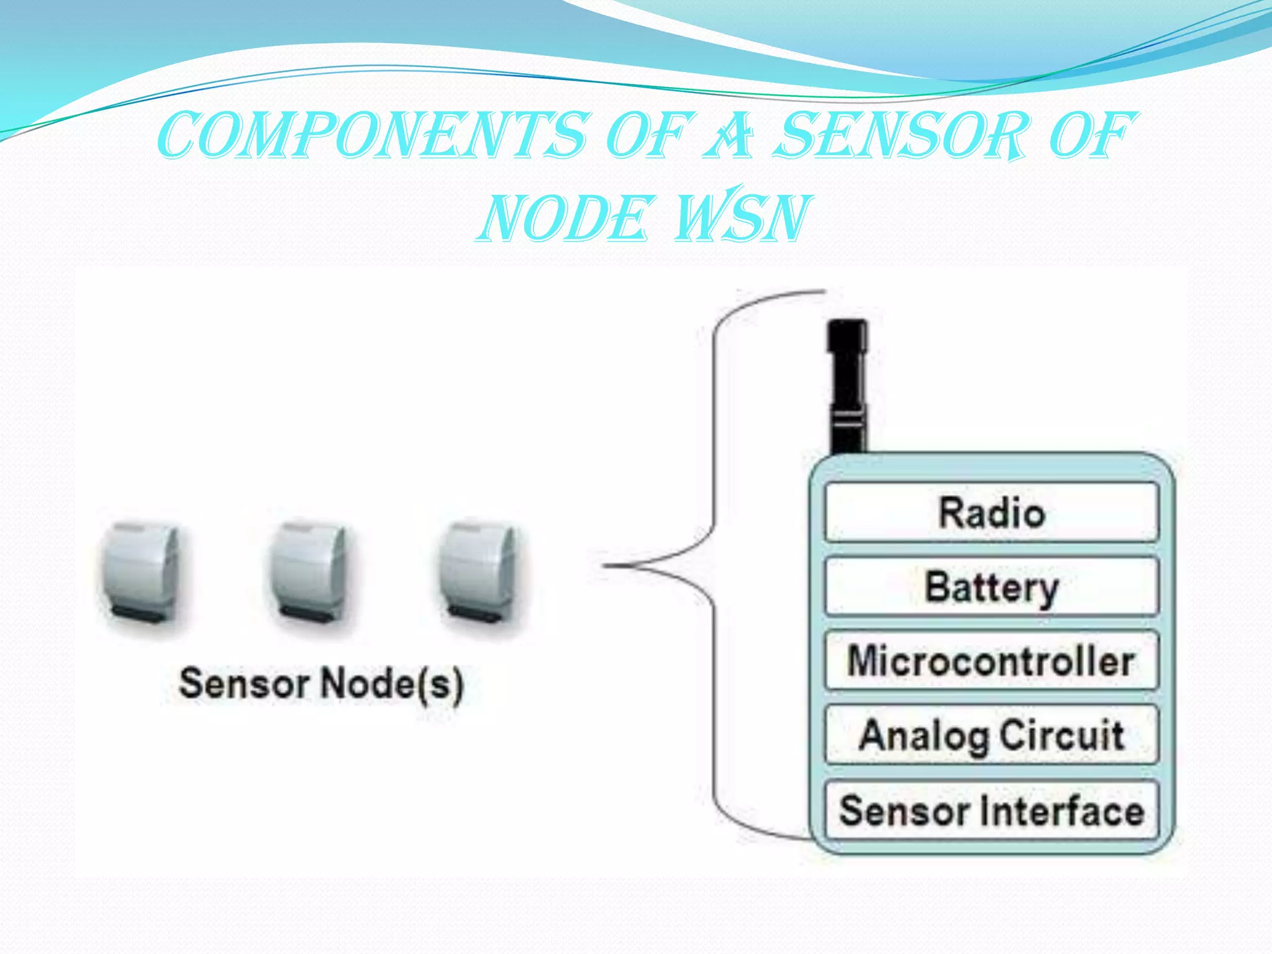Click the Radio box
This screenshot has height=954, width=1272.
[x=991, y=513]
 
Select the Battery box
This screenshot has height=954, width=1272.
[x=991, y=587]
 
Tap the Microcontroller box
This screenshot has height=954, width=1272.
[x=991, y=660]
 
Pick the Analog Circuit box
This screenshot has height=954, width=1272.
[x=991, y=735]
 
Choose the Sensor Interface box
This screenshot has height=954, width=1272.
[x=991, y=811]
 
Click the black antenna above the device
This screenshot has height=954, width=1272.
[x=847, y=385]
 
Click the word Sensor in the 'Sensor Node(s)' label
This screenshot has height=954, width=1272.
[x=244, y=683]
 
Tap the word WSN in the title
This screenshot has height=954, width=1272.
[x=743, y=217]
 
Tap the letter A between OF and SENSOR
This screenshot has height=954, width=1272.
[x=732, y=135]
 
